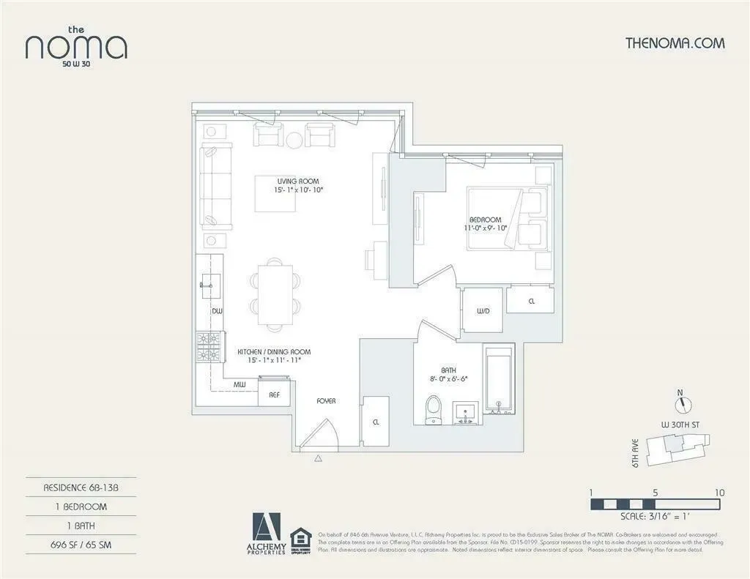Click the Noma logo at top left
click(76, 45)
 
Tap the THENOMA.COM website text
click(675, 42)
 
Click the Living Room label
click(298, 181)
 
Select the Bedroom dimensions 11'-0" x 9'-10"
click(486, 228)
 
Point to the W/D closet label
click(483, 311)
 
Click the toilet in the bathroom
click(434, 408)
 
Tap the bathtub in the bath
click(500, 380)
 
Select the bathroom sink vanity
click(465, 412)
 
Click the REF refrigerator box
click(275, 394)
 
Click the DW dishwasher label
click(217, 311)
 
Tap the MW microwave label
click(240, 384)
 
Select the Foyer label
click(326, 401)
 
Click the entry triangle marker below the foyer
click(319, 459)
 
